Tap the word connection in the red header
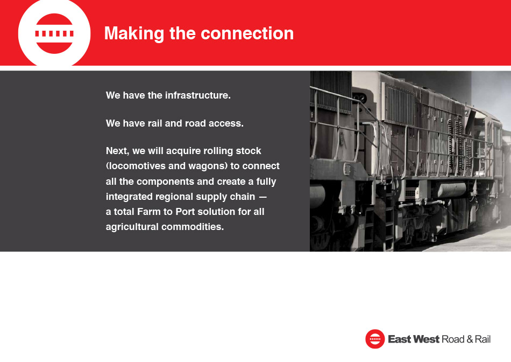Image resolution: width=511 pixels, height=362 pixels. (247, 33)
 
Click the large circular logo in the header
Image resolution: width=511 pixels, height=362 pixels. (54, 33)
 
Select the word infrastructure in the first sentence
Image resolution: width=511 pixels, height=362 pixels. (198, 95)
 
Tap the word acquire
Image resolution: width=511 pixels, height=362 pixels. (183, 151)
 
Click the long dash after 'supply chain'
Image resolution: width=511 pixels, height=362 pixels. (262, 197)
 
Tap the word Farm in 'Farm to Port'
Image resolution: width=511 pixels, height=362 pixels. (149, 212)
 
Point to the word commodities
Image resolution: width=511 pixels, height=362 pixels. (193, 227)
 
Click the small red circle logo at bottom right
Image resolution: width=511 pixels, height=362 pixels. (375, 339)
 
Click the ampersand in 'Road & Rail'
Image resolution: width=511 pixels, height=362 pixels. (470, 339)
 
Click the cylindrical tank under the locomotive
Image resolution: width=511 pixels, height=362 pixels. (452, 190)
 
